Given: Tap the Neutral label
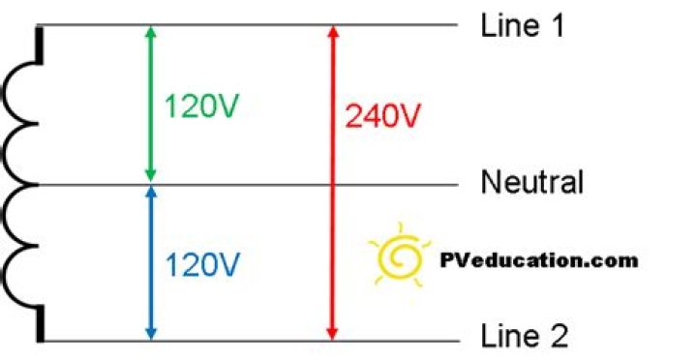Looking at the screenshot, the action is click(x=532, y=182).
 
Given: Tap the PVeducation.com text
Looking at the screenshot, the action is click(x=539, y=259).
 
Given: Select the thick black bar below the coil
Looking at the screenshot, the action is click(x=41, y=323).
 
